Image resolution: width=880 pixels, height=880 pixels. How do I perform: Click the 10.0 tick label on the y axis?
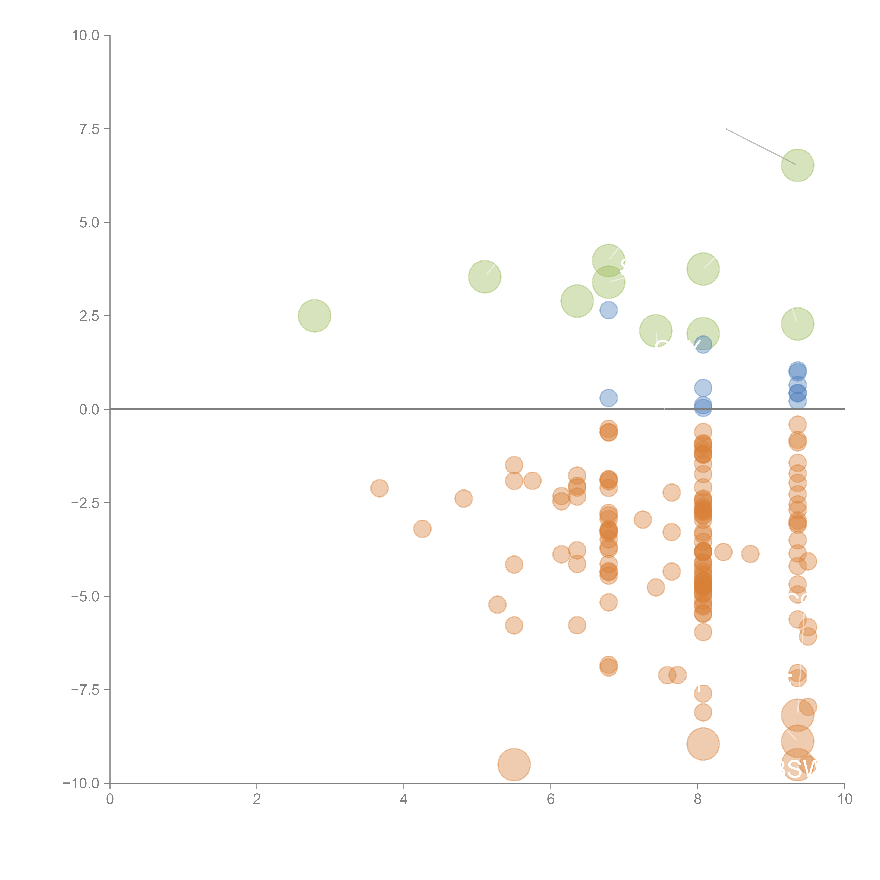click(86, 36)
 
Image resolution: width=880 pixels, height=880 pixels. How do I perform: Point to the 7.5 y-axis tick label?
click(89, 129)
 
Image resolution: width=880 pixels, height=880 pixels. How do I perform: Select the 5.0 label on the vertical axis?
click(89, 223)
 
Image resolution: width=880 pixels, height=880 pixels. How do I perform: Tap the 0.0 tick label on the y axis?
click(89, 410)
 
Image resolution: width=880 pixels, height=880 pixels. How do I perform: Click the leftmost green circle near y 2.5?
click(314, 316)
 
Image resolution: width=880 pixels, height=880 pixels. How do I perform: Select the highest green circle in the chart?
click(798, 165)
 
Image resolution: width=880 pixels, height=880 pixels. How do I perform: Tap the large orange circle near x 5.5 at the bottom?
click(514, 764)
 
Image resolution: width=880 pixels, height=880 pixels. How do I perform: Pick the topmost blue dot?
click(609, 310)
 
